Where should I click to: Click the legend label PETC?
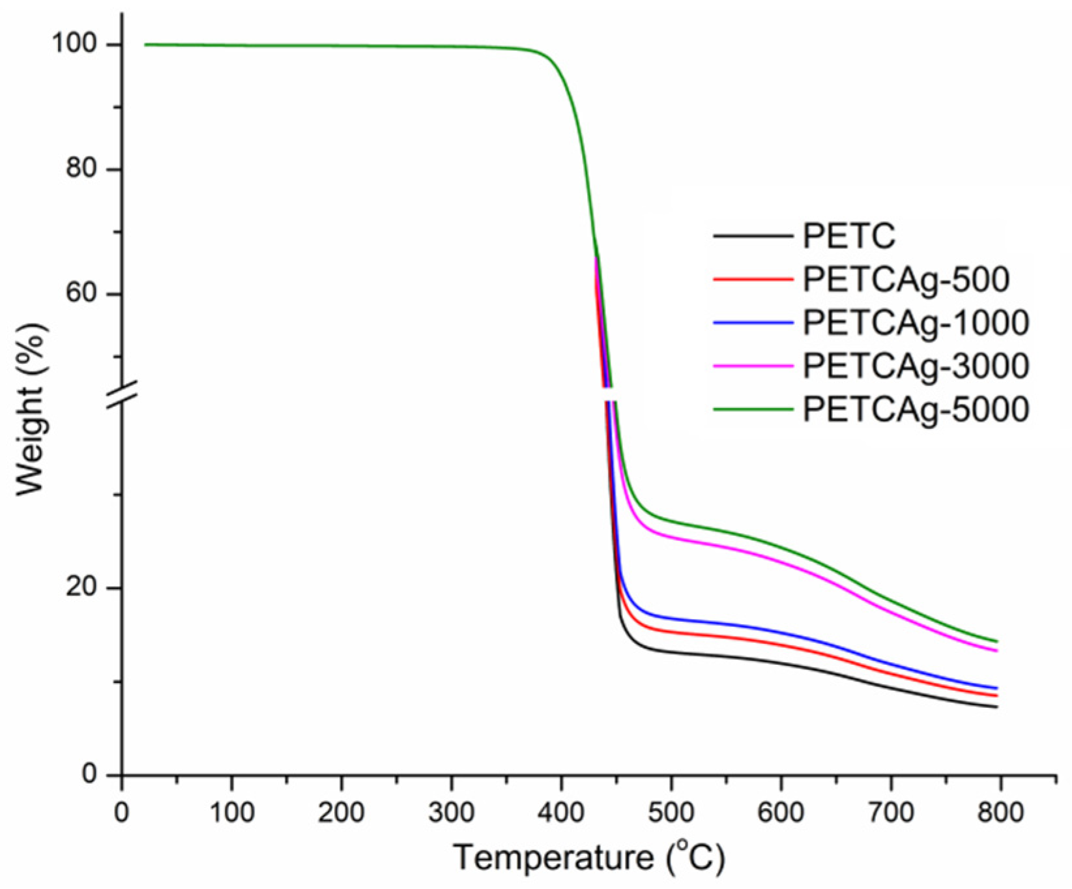pos(849,236)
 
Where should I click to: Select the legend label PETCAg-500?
pos(906,279)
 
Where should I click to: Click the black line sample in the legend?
pos(753,236)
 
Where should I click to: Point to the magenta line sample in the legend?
pos(753,366)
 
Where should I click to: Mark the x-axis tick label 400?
pos(560,814)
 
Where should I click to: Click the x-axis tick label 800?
pos(1000,814)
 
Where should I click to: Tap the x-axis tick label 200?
pos(341,814)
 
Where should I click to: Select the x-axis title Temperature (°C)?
pos(588,858)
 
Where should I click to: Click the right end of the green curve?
pos(997,641)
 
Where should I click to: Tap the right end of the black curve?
pos(997,707)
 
